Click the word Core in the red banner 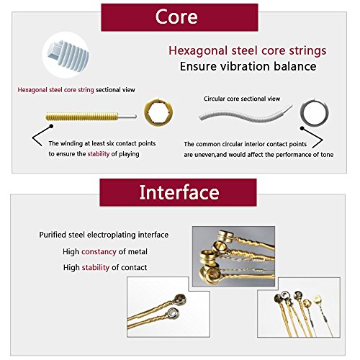(176, 17)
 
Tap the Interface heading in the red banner (179, 192)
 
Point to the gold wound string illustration (91, 117)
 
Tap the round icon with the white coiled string (66, 55)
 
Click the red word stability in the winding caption (99, 154)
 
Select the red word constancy (99, 252)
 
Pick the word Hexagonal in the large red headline (198, 51)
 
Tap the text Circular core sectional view (242, 99)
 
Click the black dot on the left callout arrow (51, 126)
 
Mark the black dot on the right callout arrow (302, 128)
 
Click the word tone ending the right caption (327, 155)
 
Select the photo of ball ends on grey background (233, 256)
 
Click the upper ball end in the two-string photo (180, 300)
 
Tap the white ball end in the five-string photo (318, 299)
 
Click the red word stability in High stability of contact (96, 267)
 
